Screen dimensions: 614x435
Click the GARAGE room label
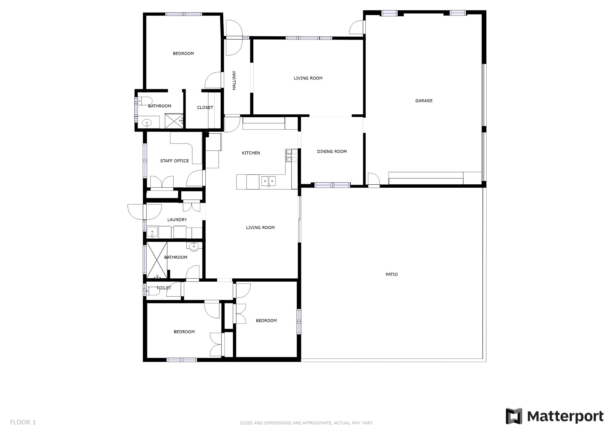pos(424,101)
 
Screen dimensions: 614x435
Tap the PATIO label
pos(392,274)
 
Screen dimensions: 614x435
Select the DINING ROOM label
pos(332,152)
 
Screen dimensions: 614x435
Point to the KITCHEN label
pos(251,153)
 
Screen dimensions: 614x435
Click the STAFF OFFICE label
pos(174,161)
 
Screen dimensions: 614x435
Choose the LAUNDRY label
pos(177,220)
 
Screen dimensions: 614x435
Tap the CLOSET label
pos(205,107)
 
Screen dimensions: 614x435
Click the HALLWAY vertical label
pos(234,80)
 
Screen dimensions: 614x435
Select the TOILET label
pos(164,288)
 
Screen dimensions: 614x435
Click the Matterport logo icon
pos(514,416)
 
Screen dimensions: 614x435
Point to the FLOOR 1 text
pos(23,422)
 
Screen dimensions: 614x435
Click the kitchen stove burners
pos(291,156)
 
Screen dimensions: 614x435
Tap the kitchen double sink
pos(269,181)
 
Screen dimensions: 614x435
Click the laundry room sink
pos(152,232)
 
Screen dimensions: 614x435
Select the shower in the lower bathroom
pos(156,260)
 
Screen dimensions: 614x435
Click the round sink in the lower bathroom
pos(194,246)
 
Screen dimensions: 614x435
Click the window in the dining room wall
pos(332,185)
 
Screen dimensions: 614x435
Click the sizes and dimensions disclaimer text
pos(306,423)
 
